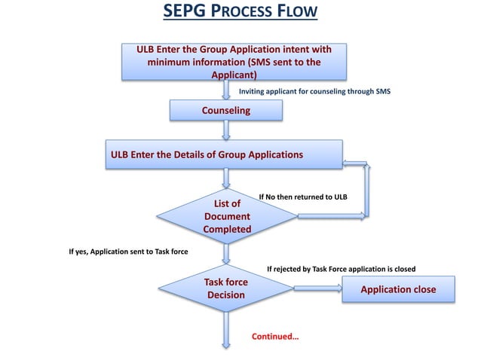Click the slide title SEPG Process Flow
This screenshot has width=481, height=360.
click(x=240, y=13)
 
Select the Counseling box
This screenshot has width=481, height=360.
click(x=226, y=111)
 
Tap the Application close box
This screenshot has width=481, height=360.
click(x=399, y=290)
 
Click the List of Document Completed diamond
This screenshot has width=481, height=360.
click(x=227, y=216)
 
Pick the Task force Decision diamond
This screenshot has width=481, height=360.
click(x=226, y=288)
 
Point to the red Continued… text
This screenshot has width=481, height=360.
click(x=275, y=335)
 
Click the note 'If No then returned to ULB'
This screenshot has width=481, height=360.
click(x=302, y=197)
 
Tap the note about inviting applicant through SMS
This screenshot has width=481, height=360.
click(x=314, y=91)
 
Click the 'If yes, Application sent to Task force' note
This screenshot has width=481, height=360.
click(x=129, y=252)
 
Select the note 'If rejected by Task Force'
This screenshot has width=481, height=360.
click(x=341, y=268)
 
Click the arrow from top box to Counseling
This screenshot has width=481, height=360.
click(x=226, y=90)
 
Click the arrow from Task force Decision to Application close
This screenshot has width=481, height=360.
click(x=317, y=288)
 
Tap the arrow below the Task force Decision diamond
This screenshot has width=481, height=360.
click(x=226, y=328)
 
